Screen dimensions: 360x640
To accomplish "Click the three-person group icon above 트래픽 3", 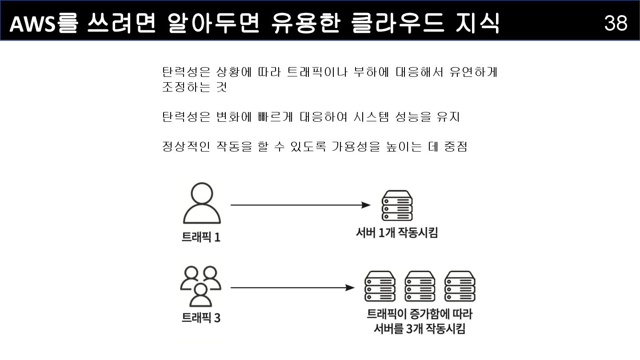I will coord(200,287).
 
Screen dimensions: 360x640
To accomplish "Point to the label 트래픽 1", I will coord(201,237).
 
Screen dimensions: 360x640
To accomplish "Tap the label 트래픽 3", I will coord(201,318).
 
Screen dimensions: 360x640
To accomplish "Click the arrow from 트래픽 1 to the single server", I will coord(300,205).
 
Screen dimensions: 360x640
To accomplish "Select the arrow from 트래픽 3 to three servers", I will coord(292,288).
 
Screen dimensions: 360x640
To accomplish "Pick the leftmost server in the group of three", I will coord(380,286).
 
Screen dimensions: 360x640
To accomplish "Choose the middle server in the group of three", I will coord(420,286).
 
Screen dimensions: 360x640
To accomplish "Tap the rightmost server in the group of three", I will coord(460,286).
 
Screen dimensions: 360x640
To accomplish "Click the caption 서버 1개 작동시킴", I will coord(397,232).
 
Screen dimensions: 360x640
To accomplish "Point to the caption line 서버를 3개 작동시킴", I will coord(419,329).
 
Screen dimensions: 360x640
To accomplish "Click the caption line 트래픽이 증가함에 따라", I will coord(419,314).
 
